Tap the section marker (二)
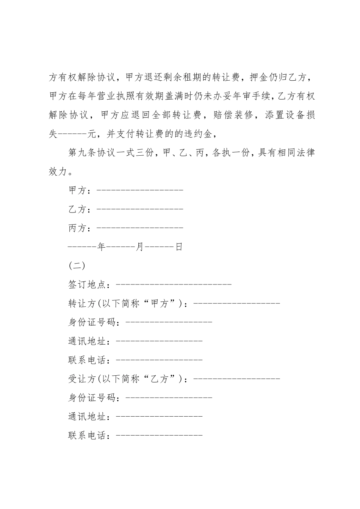[77, 266]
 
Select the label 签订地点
[87, 284]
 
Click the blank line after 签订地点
[173, 284]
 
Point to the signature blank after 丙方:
[140, 228]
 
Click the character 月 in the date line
[140, 247]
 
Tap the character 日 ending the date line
[179, 247]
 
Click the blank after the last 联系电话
[159, 435]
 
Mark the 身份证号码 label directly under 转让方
[92, 322]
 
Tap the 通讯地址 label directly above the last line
[87, 417]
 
